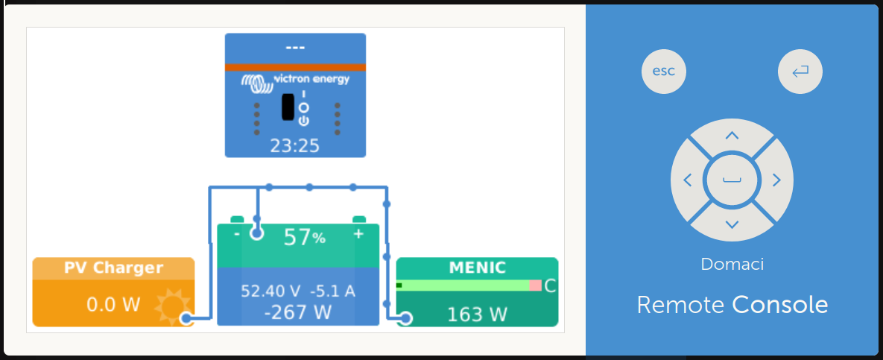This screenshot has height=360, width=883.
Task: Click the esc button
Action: pyautogui.click(x=663, y=72)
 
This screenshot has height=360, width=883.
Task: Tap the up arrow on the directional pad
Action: pyautogui.click(x=732, y=136)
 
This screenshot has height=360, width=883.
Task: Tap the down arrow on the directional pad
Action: pyautogui.click(x=732, y=224)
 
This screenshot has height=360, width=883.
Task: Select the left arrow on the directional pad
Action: pyautogui.click(x=687, y=180)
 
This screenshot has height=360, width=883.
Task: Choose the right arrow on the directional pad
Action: pyautogui.click(x=776, y=180)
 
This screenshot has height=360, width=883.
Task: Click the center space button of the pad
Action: pyautogui.click(x=732, y=180)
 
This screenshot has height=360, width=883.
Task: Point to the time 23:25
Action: pyautogui.click(x=294, y=145)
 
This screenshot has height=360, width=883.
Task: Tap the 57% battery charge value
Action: pyautogui.click(x=304, y=238)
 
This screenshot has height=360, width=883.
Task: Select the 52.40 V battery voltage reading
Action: pyautogui.click(x=270, y=291)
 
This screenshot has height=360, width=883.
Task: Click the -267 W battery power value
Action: pyautogui.click(x=297, y=312)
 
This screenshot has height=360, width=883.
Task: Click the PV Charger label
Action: pyautogui.click(x=113, y=268)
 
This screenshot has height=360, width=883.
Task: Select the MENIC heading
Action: pyautogui.click(x=477, y=268)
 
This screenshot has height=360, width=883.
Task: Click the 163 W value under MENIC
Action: pyautogui.click(x=477, y=315)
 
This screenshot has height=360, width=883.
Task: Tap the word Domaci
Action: pyautogui.click(x=732, y=264)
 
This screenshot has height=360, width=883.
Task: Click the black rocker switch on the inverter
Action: pyautogui.click(x=288, y=107)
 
